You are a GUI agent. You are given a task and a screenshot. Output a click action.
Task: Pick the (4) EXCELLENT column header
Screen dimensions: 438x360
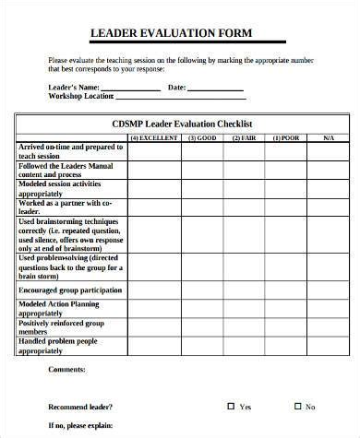pos(153,137)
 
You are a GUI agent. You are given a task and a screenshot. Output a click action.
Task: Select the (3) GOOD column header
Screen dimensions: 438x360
pos(202,137)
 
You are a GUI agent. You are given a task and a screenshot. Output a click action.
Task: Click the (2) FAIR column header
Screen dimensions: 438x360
pos(244,137)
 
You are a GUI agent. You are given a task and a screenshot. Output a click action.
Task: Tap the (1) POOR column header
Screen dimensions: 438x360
pos(286,137)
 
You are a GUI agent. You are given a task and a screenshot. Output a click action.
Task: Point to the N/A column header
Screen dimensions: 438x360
pos(328,137)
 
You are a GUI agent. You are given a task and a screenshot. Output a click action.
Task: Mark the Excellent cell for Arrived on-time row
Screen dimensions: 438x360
pos(153,152)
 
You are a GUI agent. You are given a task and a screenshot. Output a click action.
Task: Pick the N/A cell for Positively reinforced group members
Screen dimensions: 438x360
pos(328,327)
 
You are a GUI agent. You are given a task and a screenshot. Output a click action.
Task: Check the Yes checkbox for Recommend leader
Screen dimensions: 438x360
pos(231,406)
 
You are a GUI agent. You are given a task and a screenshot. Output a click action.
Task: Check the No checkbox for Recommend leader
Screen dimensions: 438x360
pos(296,406)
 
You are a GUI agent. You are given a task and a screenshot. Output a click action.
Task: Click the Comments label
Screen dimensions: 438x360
pos(66,369)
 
